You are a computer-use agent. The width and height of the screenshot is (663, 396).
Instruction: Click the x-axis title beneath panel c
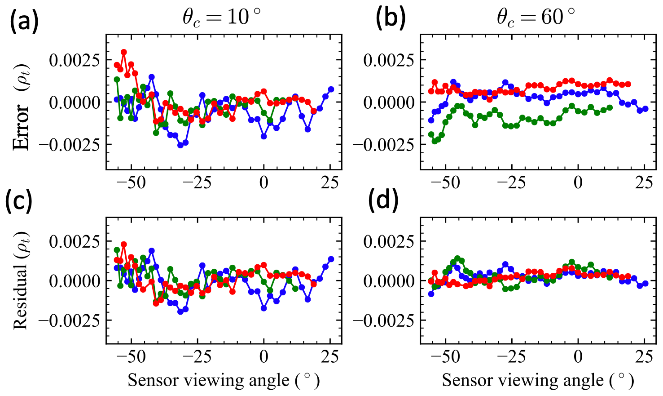(224, 380)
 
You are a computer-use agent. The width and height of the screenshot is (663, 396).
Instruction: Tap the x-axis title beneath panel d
(538, 380)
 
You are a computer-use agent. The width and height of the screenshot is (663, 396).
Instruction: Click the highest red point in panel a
(124, 52)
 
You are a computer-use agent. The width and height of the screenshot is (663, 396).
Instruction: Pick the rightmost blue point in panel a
(331, 89)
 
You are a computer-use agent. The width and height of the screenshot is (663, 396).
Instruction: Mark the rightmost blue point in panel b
(645, 108)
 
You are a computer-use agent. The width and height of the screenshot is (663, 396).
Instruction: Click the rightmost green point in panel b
(610, 107)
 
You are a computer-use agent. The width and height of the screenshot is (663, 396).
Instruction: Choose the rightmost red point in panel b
(628, 84)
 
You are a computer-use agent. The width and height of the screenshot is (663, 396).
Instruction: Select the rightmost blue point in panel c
(331, 259)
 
